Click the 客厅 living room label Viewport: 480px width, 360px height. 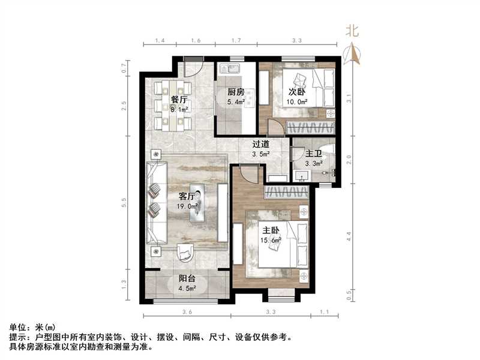pyautogui.click(x=187, y=196)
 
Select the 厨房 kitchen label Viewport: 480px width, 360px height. pyautogui.click(x=235, y=92)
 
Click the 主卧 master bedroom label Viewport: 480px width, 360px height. pyautogui.click(x=269, y=229)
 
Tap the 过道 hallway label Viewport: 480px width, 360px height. pyautogui.click(x=260, y=144)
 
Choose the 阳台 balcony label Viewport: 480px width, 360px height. pyautogui.click(x=187, y=278)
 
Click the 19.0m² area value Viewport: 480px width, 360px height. pyautogui.click(x=187, y=207)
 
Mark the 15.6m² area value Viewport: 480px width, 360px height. pyautogui.click(x=271, y=240)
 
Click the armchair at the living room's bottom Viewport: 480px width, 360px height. pyautogui.click(x=186, y=254)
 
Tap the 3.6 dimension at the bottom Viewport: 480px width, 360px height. pyautogui.click(x=187, y=313)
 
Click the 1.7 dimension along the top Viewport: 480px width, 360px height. pyautogui.click(x=236, y=41)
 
